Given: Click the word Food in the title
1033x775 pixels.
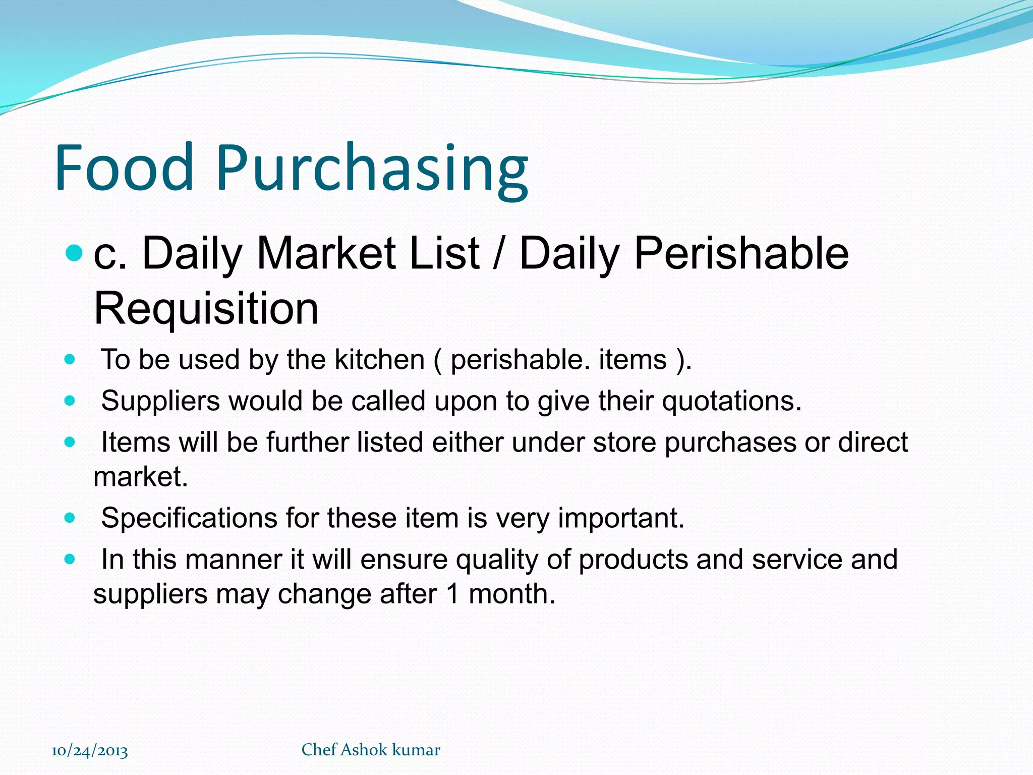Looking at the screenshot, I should (x=124, y=168).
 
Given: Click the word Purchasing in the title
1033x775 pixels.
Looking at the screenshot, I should (x=372, y=169).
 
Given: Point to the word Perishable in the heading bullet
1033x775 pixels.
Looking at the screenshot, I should (x=741, y=253).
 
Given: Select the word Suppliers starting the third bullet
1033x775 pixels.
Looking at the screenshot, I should (x=160, y=401).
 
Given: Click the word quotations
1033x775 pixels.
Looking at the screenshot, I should (x=731, y=401).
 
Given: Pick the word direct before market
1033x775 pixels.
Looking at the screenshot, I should (x=873, y=442).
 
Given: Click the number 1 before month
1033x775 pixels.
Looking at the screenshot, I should (x=453, y=594).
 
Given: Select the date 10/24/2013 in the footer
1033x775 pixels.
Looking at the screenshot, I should (x=90, y=751).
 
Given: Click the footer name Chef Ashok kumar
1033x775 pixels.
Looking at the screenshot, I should (x=371, y=750).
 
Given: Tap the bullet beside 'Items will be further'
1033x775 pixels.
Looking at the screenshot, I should (x=70, y=442).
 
